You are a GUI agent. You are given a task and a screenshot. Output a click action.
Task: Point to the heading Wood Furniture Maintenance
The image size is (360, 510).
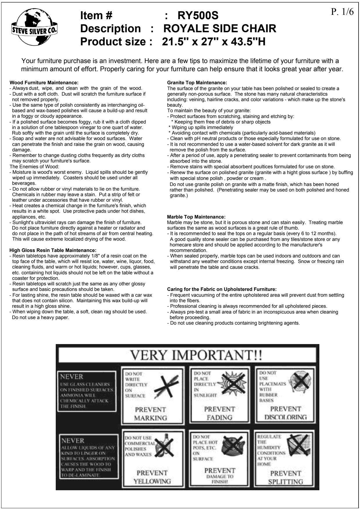pos(44,83)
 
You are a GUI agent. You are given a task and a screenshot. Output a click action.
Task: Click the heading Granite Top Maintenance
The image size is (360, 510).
pos(197,83)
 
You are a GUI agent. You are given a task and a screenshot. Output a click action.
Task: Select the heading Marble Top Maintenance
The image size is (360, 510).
pos(196,217)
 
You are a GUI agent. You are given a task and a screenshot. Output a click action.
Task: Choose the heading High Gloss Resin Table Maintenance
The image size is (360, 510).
pos(53,250)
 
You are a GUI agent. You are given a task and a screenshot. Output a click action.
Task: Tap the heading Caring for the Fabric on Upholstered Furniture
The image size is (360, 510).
pos(222,289)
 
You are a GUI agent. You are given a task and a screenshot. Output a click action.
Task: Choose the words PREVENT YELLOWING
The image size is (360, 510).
pos(152,477)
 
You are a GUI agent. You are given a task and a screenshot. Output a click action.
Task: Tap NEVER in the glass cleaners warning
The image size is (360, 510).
pos(71,377)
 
